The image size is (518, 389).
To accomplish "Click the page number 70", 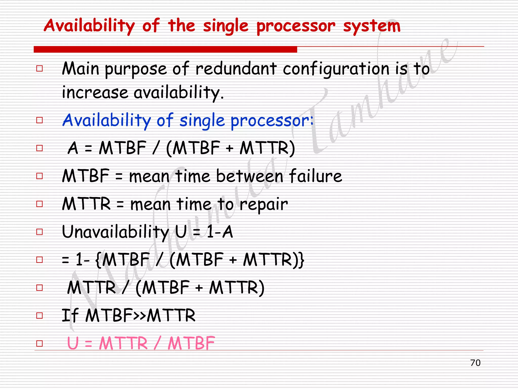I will [475, 363].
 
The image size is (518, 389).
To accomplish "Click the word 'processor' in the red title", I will [296, 26].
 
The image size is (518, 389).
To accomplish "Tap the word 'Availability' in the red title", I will [89, 26].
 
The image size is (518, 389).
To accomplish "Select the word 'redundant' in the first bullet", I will [236, 69].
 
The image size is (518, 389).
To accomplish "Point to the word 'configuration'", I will [336, 69].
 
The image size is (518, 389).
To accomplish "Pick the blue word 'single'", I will [202, 121].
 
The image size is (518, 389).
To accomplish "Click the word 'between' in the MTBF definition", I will [250, 176].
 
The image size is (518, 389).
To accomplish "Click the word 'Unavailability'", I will [115, 232].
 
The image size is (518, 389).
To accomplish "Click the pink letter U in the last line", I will [73, 343].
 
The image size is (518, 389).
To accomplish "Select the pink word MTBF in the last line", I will [191, 343].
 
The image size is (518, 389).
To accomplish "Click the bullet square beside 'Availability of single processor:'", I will [39, 120].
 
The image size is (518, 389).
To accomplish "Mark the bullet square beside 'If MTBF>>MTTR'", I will [39, 316].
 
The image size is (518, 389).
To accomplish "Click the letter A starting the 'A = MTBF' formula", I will [73, 148].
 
